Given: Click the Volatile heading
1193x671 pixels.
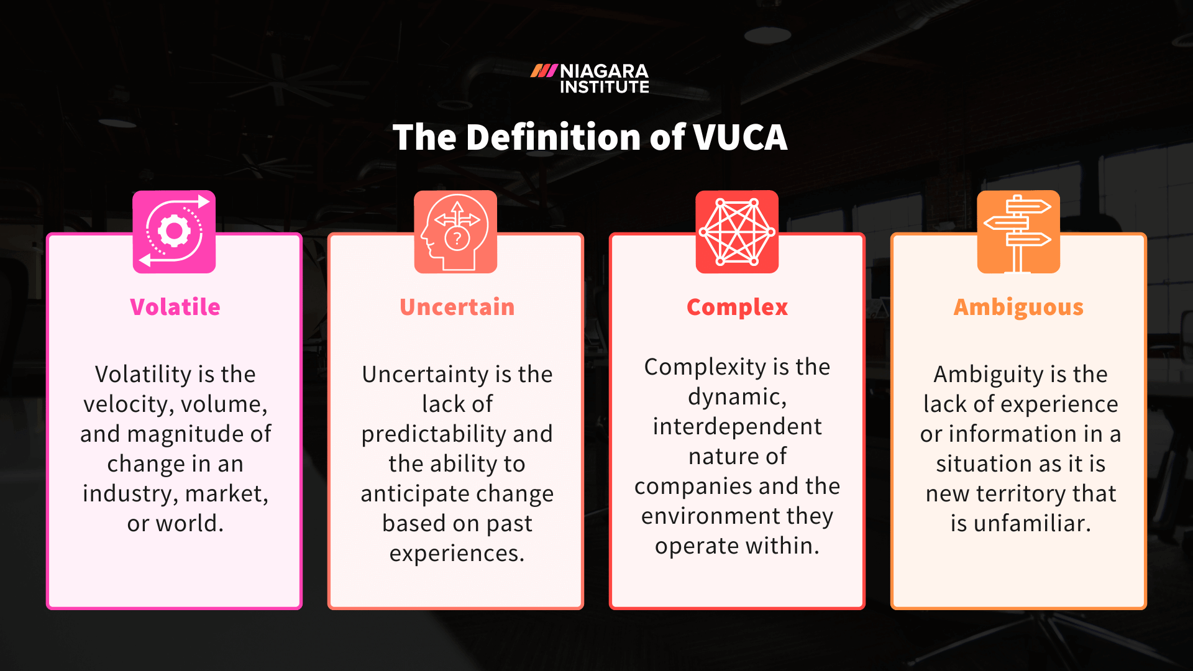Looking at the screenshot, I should pyautogui.click(x=175, y=307).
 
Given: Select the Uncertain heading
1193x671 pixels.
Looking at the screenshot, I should pyautogui.click(x=457, y=307).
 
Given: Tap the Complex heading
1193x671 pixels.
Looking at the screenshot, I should pyautogui.click(x=737, y=307).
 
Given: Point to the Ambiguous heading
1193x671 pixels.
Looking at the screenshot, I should pyautogui.click(x=1018, y=307).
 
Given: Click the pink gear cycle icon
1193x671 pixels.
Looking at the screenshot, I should pyautogui.click(x=174, y=232).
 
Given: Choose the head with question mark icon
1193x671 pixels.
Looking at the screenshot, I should pyautogui.click(x=455, y=232).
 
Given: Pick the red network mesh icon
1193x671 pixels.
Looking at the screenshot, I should pyautogui.click(x=737, y=232).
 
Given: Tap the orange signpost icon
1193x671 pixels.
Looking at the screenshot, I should pyautogui.click(x=1018, y=232).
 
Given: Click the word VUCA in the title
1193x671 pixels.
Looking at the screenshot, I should pyautogui.click(x=740, y=137).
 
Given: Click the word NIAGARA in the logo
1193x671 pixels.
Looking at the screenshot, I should pyautogui.click(x=604, y=71).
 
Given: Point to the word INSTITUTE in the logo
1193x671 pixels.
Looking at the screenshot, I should pyautogui.click(x=604, y=87).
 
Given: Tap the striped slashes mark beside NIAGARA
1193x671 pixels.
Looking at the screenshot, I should pyautogui.click(x=544, y=71).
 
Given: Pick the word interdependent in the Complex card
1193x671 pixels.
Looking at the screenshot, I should pyautogui.click(x=737, y=427).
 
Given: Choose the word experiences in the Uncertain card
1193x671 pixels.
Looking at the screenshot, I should pyautogui.click(x=457, y=554).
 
